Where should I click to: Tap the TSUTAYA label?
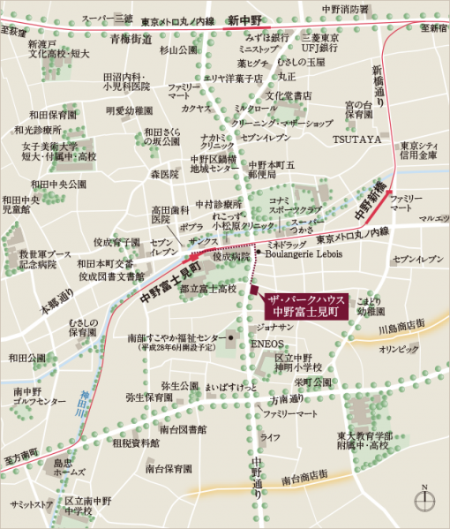(x=356, y=140)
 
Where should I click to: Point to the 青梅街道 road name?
(x=131, y=38)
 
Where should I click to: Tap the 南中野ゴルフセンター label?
(x=39, y=396)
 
